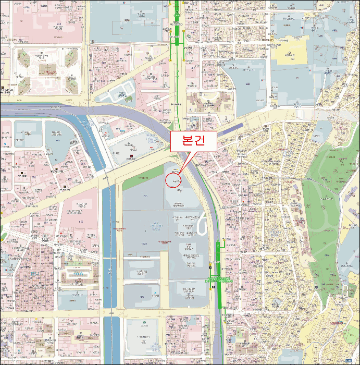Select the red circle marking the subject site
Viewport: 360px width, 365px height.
[173, 180]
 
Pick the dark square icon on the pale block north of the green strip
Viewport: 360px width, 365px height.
[133, 157]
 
